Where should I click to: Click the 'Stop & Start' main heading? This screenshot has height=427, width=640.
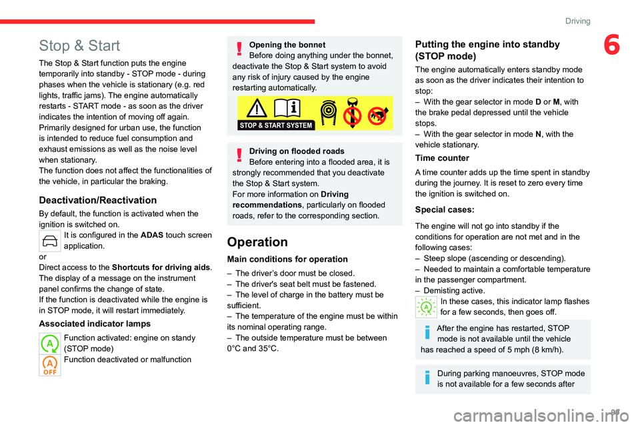click(79, 46)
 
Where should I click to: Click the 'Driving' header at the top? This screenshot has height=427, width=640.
click(577, 21)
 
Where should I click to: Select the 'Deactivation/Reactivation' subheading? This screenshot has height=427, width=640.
click(98, 199)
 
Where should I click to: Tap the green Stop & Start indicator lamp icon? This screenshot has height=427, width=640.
click(49, 343)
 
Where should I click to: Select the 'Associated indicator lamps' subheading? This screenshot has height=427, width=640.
click(95, 324)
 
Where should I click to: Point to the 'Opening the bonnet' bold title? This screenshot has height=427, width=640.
click(287, 45)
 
